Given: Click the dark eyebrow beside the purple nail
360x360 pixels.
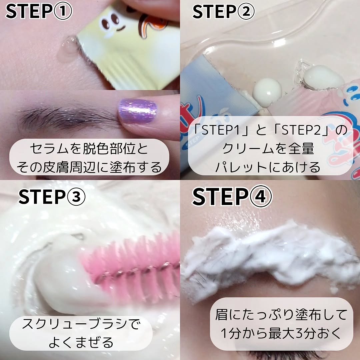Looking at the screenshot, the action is click(x=69, y=118).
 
